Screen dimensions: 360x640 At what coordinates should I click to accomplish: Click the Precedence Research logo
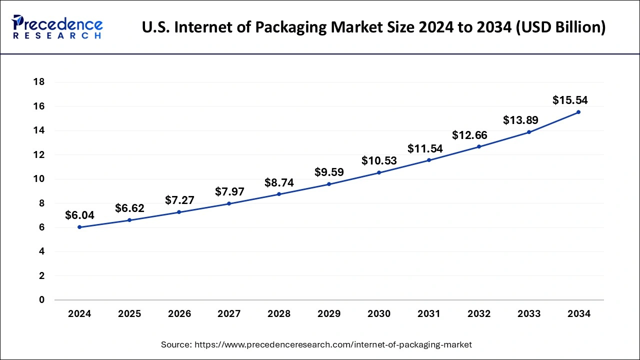coord(57,27)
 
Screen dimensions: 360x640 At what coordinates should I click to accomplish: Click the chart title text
coord(373,27)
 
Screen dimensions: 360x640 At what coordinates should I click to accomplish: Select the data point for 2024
coord(79,227)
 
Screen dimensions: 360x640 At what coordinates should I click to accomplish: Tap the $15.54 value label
coord(570,100)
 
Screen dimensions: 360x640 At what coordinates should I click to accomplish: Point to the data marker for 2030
coord(379,172)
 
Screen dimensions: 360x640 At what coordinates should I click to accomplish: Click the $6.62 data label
coord(129,208)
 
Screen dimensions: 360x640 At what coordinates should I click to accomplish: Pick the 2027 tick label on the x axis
coord(229,314)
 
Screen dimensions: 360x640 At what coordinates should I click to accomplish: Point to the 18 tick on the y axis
coord(38,82)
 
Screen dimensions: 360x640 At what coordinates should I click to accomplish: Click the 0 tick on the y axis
coord(41,300)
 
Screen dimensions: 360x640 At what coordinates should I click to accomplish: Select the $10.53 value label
coord(379,161)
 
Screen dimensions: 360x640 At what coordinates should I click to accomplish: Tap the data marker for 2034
coord(578,112)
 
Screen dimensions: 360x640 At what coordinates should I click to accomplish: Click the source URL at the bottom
coord(316,344)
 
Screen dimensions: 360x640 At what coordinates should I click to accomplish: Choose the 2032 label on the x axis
coord(479,314)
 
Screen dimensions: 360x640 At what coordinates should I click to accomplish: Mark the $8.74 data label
coord(279,183)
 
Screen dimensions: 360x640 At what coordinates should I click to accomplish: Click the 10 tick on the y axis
coord(38,179)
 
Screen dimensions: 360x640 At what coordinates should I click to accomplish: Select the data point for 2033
coord(529,132)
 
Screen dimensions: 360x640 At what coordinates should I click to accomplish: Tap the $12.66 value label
coord(469,135)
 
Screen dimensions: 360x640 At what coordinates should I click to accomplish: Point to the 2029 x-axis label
coord(329,314)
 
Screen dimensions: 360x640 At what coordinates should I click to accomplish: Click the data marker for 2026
coord(179,212)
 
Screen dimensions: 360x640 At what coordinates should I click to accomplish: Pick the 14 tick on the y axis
coord(38,130)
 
